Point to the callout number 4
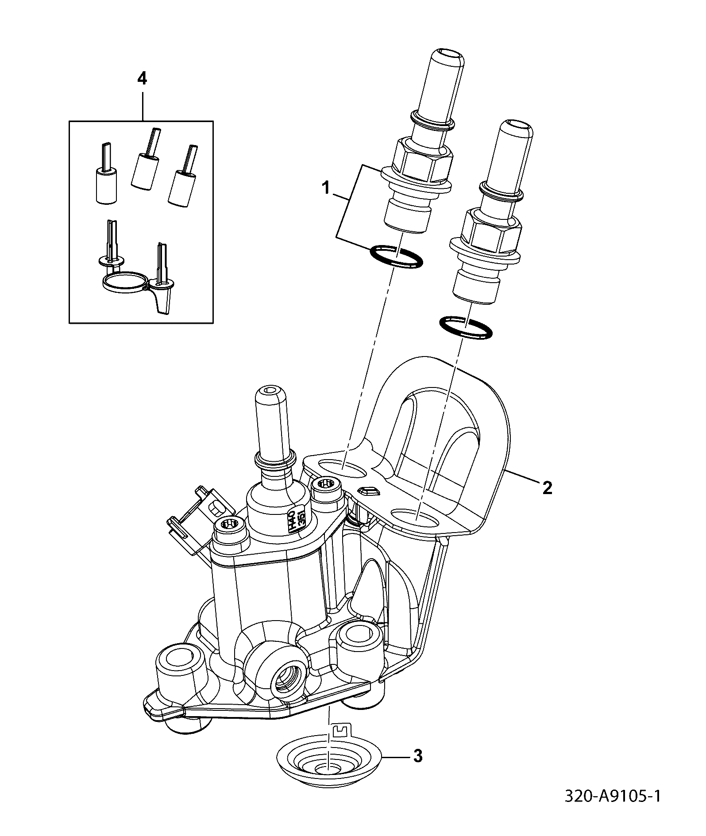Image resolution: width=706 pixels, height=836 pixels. pyautogui.click(x=142, y=79)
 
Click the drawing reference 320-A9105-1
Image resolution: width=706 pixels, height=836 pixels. pyautogui.click(x=613, y=797)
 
